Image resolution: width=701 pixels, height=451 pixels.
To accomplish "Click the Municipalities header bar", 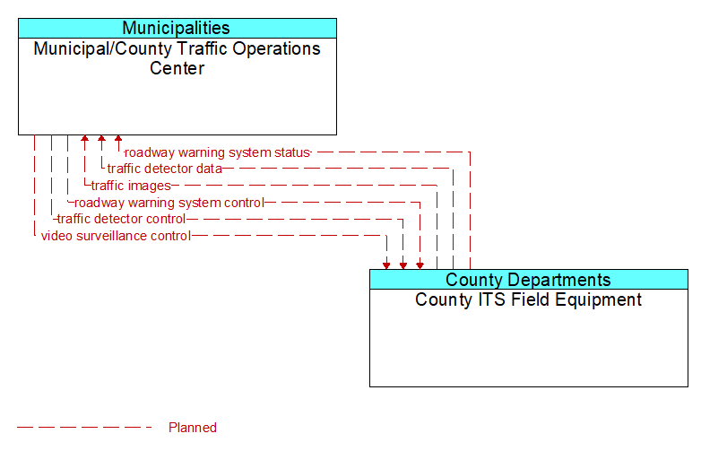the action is pos(177,28).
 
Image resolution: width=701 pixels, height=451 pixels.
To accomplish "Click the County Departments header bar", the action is pos(528,280).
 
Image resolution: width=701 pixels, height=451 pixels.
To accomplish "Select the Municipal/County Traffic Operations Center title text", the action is pos(177,58).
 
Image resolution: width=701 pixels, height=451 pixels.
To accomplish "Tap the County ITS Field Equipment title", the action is pos(528,299).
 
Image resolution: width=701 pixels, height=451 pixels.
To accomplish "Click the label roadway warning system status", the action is pos(217,152).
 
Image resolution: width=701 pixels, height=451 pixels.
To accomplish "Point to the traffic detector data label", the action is pos(165,169).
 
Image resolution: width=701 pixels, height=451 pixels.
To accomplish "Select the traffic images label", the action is pos(131,186).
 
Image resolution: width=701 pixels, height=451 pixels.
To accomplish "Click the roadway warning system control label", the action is pos(169,203).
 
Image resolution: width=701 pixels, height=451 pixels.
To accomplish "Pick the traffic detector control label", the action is pos(121,219).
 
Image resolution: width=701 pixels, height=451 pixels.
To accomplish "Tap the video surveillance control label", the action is pos(116,236).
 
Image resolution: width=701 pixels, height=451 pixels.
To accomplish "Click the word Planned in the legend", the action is pos(193,428).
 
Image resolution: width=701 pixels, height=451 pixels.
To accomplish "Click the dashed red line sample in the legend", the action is pos(84,428).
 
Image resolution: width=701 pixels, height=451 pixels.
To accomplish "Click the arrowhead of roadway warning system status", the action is pos(118,139).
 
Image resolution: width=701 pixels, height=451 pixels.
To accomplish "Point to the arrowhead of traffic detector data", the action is pos(101,139).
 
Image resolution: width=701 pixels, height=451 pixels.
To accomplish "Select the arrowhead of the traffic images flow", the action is pos(84,139).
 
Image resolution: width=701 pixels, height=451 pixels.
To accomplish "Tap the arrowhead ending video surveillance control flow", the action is pos(386,265).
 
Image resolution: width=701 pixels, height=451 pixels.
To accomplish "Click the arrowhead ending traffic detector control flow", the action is pos(403,265).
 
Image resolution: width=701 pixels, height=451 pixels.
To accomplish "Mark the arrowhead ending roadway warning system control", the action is pos(420,265).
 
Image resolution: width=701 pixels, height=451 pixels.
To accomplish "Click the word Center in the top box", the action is pos(177,68).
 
